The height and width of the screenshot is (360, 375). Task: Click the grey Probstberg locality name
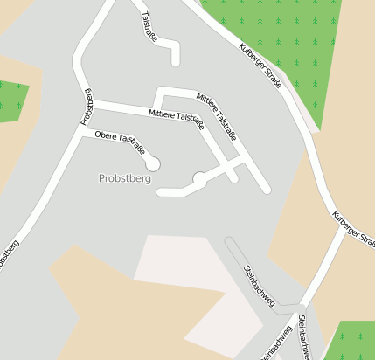126,178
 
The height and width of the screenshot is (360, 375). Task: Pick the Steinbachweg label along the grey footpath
260,285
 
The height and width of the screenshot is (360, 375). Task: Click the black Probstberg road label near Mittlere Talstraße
88,107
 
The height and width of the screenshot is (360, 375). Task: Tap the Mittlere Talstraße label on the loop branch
217,116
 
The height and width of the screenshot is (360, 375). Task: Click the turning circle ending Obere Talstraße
153,163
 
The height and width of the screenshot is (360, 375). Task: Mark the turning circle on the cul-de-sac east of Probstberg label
199,179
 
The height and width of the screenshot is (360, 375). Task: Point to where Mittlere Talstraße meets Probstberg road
90,105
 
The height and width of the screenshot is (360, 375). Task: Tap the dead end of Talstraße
176,62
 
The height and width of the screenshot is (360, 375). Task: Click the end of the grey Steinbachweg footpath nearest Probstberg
229,241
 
